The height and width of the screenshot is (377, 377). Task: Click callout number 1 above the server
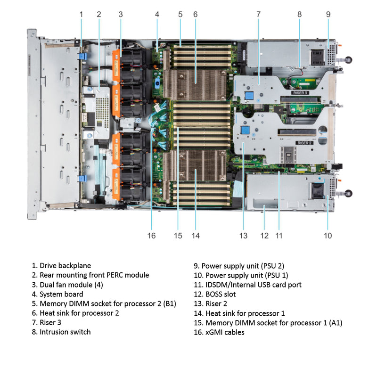[x=81, y=14]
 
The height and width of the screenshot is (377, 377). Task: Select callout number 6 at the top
[x=195, y=14]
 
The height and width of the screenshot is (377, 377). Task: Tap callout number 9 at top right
[x=328, y=14]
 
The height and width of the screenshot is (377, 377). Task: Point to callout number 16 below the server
[x=151, y=235]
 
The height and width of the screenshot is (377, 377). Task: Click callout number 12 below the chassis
[x=264, y=235]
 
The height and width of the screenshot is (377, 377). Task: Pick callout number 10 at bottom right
[x=328, y=235]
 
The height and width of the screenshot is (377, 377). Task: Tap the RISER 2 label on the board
[x=304, y=142]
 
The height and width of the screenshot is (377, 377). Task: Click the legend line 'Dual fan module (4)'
[x=71, y=285]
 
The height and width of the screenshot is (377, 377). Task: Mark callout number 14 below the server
[x=195, y=235]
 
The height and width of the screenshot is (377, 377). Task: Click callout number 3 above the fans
[x=121, y=14]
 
